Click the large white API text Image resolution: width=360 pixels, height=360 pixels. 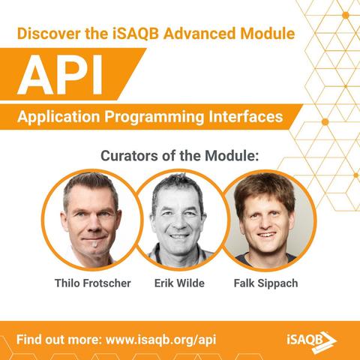tap(61, 75)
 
